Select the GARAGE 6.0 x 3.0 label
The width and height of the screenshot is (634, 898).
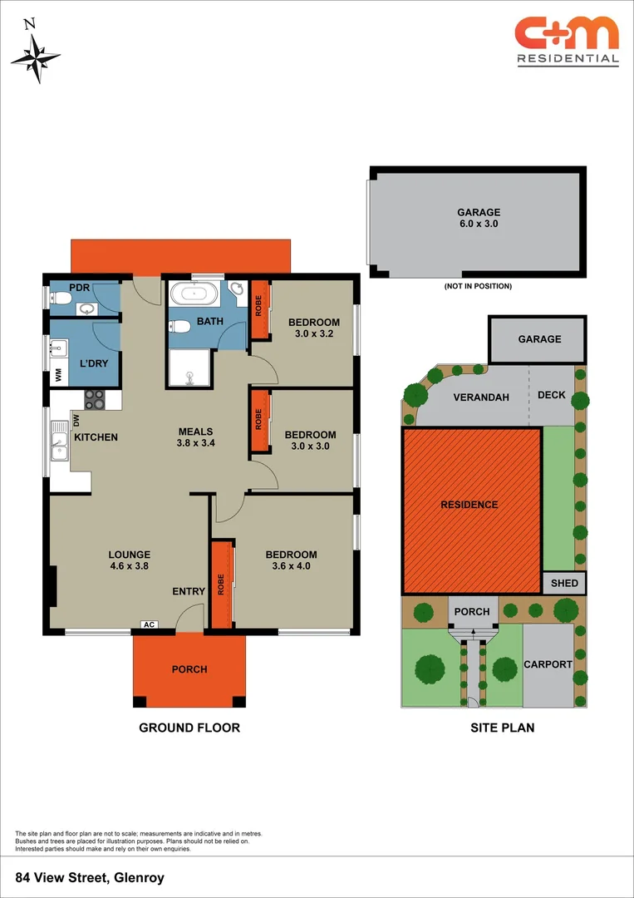[x=479, y=218]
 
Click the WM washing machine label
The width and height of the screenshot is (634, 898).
[x=58, y=375]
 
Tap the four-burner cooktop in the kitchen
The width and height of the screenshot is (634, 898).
[x=94, y=400]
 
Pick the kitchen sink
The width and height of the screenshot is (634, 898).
[x=60, y=442]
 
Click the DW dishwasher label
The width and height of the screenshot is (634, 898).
[x=76, y=420]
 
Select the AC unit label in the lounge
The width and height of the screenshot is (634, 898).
[x=150, y=624]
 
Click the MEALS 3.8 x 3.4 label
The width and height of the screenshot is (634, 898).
[x=196, y=438]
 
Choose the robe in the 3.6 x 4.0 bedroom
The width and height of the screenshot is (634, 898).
[x=221, y=584]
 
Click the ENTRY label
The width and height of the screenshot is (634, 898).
[x=189, y=591]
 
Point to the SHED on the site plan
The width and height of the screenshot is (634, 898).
[x=564, y=583]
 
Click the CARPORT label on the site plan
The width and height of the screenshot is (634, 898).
[x=548, y=664]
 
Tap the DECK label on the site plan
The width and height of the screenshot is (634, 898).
[x=551, y=395]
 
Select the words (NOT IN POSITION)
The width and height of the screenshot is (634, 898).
[x=478, y=286]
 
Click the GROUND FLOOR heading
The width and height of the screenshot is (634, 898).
[x=189, y=728]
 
